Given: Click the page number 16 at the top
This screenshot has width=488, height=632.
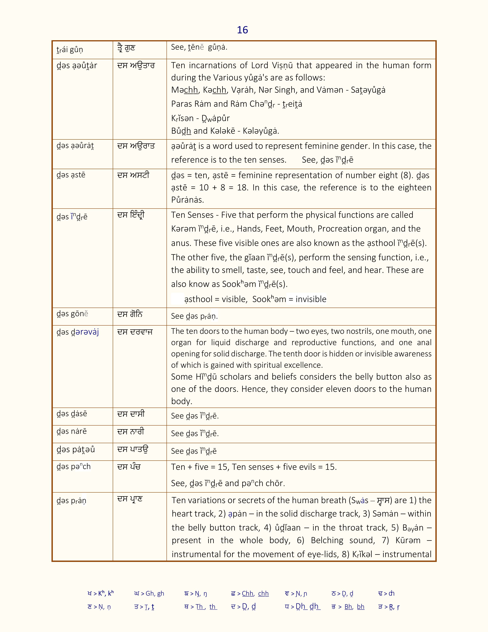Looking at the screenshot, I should [x=242, y=30].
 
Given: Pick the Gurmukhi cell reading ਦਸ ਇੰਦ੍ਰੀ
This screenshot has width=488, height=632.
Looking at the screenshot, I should [x=131, y=215].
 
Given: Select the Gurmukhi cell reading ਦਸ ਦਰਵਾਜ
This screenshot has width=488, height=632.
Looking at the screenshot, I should [x=135, y=332].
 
